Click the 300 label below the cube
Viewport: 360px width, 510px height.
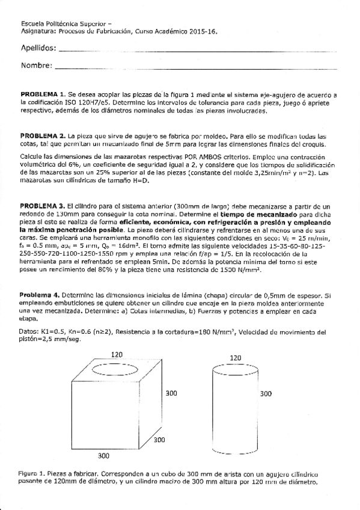103,455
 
